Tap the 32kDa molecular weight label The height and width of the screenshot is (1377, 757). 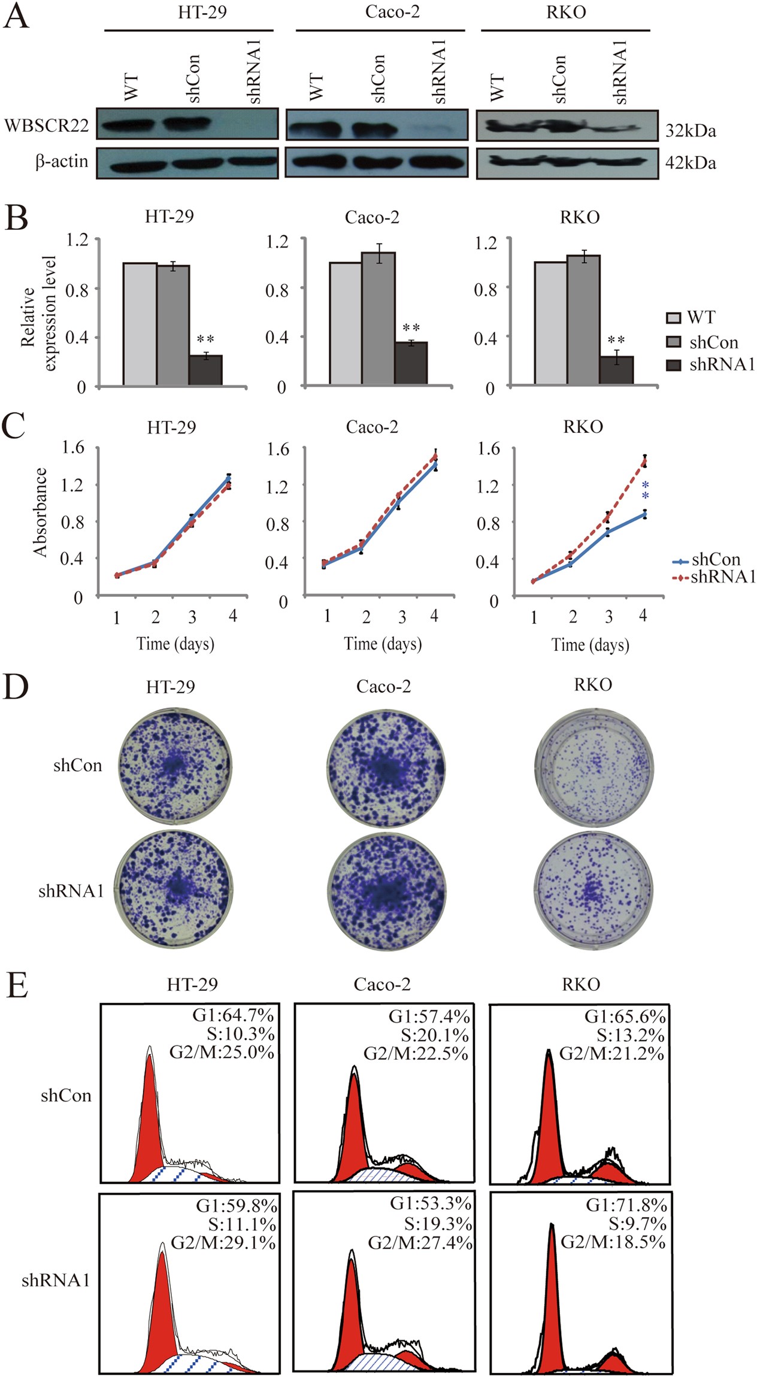pos(691,131)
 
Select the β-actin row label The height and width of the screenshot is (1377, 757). pos(62,162)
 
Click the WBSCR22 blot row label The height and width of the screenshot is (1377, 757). pos(46,126)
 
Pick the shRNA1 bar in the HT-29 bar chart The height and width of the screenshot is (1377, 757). pos(205,369)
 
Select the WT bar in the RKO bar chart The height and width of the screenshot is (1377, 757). pos(550,323)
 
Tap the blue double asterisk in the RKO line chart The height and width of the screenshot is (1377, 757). pos(645,490)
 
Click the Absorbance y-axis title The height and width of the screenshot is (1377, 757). pos(40,512)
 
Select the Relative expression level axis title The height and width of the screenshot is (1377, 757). pos(38,313)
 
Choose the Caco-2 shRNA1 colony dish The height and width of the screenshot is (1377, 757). pos(386,890)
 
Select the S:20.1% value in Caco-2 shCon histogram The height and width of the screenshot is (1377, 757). pos(435,1035)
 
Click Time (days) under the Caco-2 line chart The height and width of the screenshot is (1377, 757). pos(383,644)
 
